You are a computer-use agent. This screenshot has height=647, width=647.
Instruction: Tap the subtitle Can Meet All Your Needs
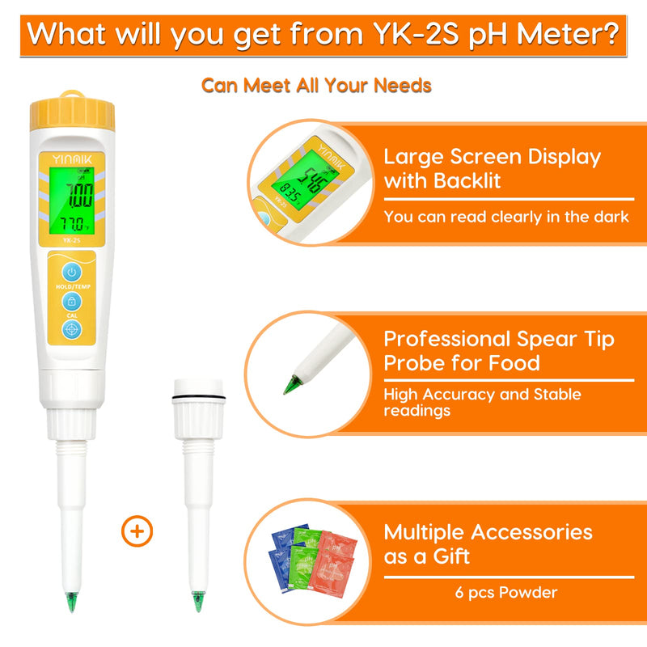316,85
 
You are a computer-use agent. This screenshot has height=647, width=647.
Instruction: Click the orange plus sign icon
137,531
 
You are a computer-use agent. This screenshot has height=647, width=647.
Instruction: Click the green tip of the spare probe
197,602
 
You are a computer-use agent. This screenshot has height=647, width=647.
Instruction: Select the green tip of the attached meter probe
71,602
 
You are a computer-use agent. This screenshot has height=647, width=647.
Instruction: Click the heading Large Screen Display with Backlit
492,168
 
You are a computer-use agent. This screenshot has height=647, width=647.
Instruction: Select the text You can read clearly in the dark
505,217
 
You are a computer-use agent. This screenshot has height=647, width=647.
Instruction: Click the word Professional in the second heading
447,338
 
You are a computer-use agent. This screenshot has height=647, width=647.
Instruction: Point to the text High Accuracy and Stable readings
482,402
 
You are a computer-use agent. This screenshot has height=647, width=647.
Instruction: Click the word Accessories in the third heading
532,531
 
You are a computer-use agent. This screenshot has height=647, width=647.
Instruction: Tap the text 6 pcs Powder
505,593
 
